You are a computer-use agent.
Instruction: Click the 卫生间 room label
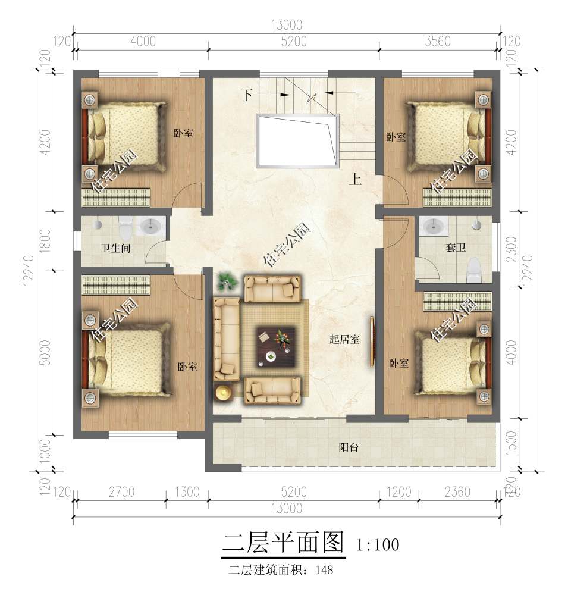116,249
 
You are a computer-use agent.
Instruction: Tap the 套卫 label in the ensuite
455,248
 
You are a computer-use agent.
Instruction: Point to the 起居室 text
344,340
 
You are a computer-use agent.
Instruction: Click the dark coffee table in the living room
276,346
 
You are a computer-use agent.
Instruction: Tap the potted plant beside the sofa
226,281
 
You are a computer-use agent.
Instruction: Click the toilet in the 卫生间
125,227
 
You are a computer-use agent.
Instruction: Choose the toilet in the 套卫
474,270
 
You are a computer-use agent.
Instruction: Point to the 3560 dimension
438,41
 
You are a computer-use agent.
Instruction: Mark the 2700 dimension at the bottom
121,492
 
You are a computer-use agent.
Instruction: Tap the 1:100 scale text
377,544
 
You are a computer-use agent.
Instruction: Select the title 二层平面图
283,542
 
